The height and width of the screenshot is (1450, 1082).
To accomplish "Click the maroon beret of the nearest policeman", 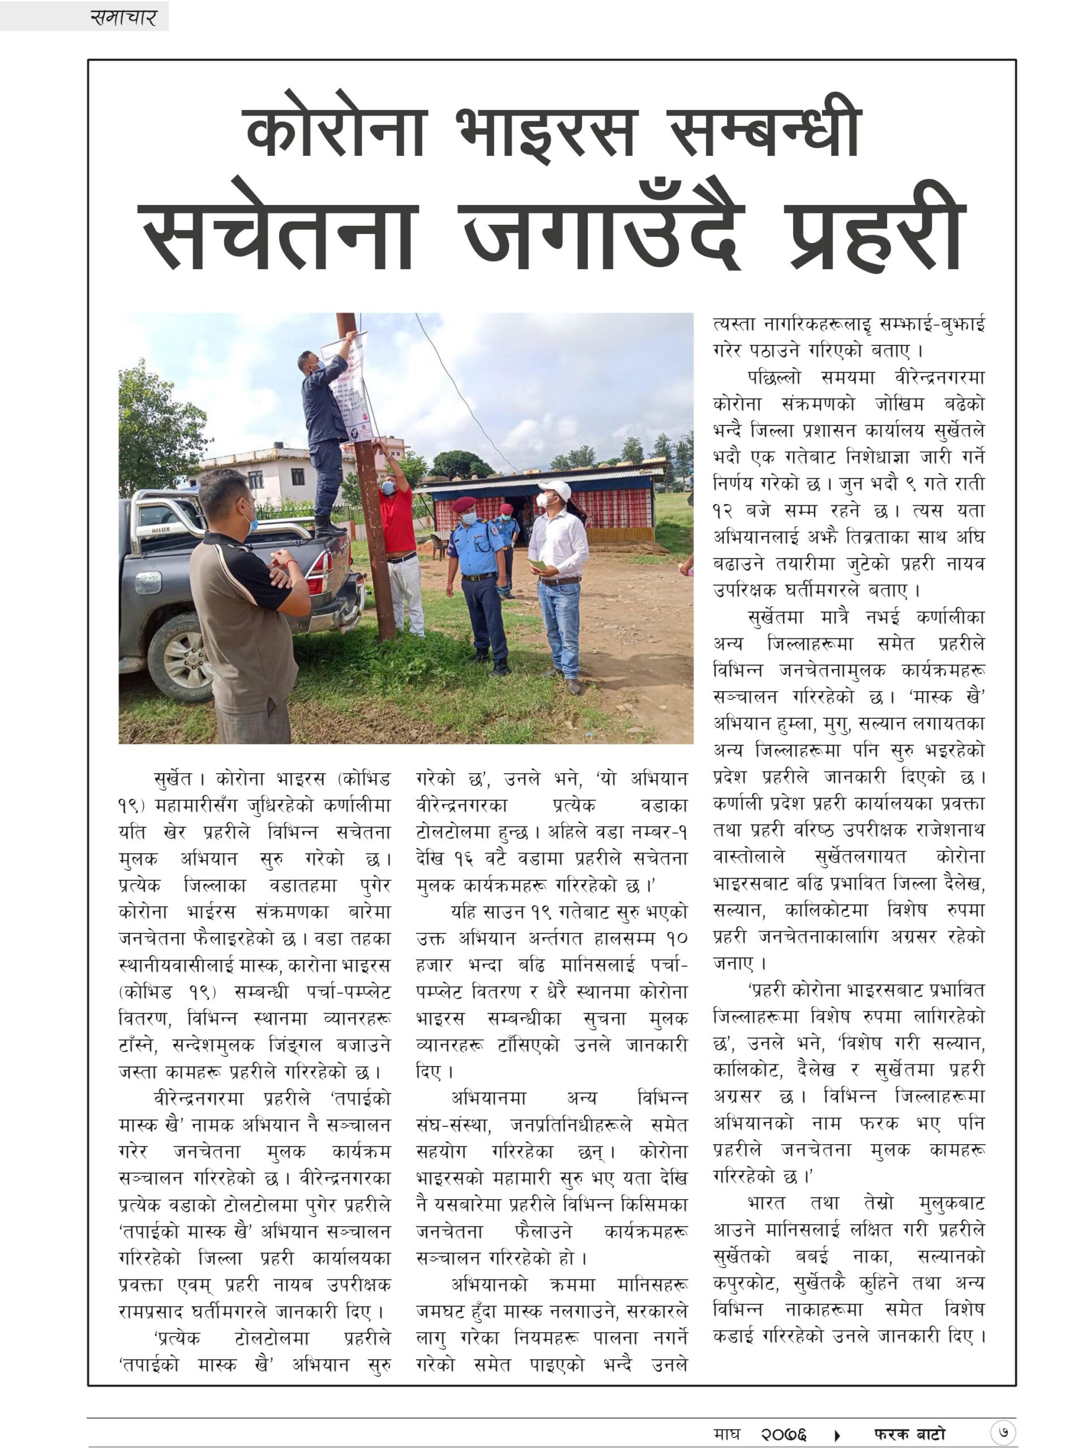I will pyautogui.click(x=465, y=503).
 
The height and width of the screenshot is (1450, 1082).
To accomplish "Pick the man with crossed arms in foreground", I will pyautogui.click(x=246, y=609).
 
